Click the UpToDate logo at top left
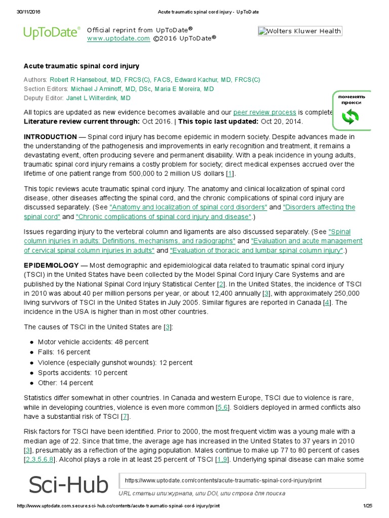tap(52, 33)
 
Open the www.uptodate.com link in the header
tap(118, 38)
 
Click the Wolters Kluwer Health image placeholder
tap(299, 31)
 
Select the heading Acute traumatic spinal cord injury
tap(82, 66)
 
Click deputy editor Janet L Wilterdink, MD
tap(98, 98)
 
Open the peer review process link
tap(264, 112)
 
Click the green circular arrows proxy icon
tap(350, 117)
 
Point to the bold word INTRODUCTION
tap(50, 137)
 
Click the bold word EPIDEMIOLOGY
tap(51, 266)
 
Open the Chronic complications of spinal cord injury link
tap(164, 217)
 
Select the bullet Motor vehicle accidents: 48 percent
tap(93, 342)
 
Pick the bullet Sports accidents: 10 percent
tap(83, 373)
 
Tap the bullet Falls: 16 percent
tap(64, 352)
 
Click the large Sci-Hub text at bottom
tap(68, 485)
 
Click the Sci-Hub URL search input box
tap(242, 481)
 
